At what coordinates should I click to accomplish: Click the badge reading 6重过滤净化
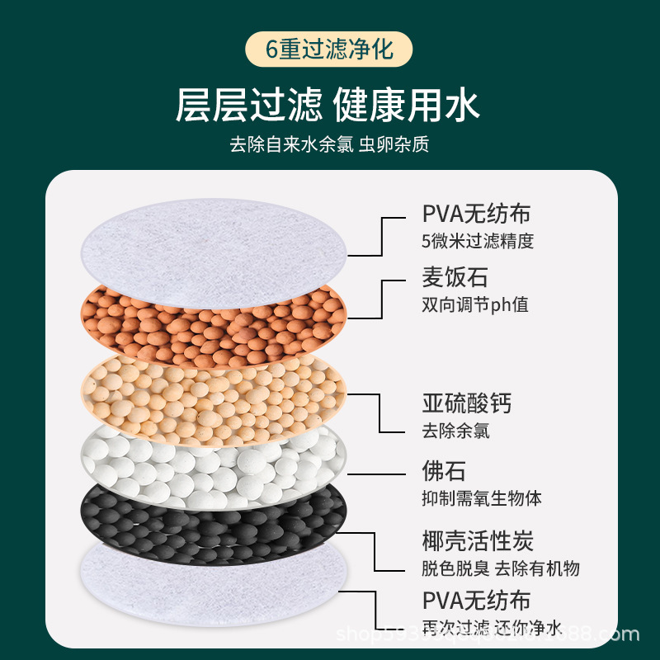(329, 48)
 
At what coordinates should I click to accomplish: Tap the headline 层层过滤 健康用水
(328, 106)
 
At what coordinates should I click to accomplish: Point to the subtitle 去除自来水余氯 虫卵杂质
(329, 144)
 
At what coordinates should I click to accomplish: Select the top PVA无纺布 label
(476, 214)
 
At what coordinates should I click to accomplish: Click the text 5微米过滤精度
(478, 241)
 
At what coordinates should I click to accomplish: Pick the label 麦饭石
(455, 277)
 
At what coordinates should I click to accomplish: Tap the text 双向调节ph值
(475, 304)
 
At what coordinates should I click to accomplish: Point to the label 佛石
(444, 471)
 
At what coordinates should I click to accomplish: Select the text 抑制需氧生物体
(482, 498)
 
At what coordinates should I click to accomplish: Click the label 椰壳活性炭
(478, 540)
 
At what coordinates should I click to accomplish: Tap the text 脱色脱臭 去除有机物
(501, 568)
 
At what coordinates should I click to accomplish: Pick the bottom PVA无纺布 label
(476, 600)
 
